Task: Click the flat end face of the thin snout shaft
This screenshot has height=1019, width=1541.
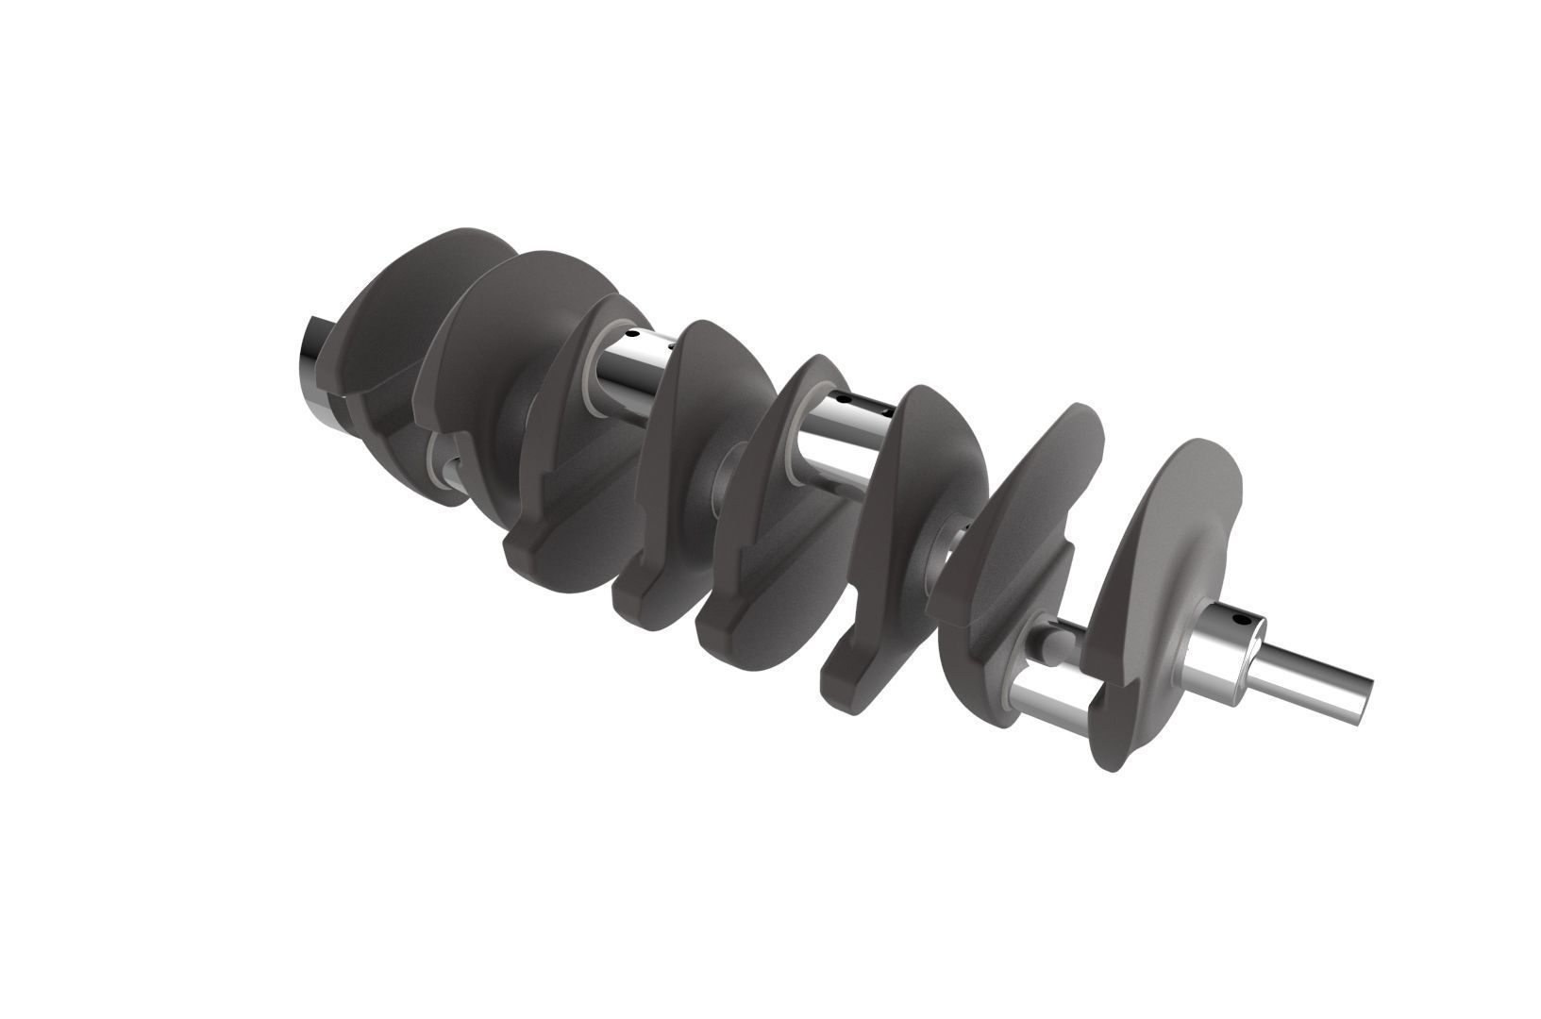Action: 1365,699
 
